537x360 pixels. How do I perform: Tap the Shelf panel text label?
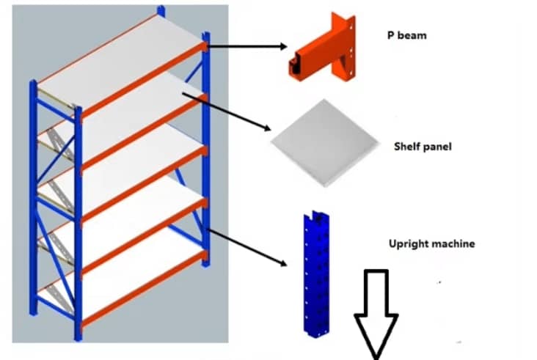(422, 147)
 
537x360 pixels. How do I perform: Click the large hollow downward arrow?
(376, 312)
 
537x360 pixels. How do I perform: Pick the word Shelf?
(406, 147)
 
